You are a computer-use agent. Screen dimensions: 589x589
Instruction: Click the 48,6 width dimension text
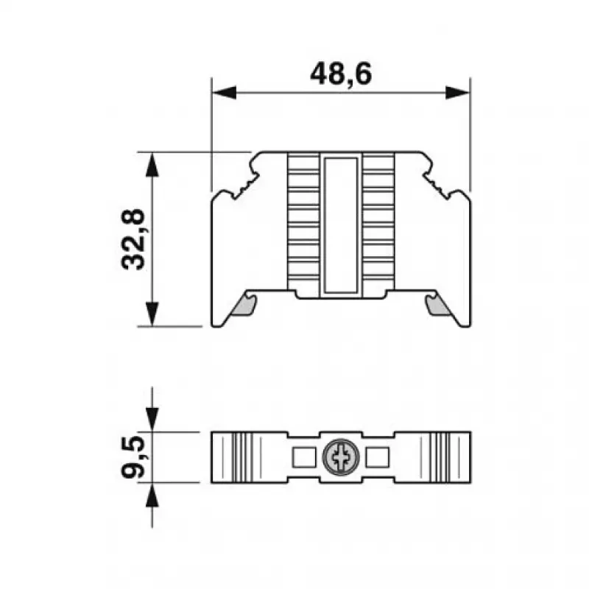coord(341,74)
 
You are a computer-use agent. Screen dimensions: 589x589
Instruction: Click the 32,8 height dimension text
coord(133,239)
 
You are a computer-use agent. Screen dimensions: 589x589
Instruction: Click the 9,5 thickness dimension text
coord(133,457)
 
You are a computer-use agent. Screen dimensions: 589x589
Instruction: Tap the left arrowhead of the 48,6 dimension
coord(225,93)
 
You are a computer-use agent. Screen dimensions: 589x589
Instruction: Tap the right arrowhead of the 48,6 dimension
coord(457,93)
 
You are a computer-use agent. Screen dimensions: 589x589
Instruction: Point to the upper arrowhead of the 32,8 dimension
coord(152,164)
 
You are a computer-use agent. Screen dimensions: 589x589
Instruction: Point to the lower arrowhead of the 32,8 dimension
coord(152,314)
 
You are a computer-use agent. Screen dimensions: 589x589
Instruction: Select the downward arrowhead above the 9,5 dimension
coord(152,419)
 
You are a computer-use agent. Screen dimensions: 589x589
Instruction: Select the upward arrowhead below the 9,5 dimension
coord(152,495)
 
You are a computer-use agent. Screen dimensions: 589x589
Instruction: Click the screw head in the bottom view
coord(341,457)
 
